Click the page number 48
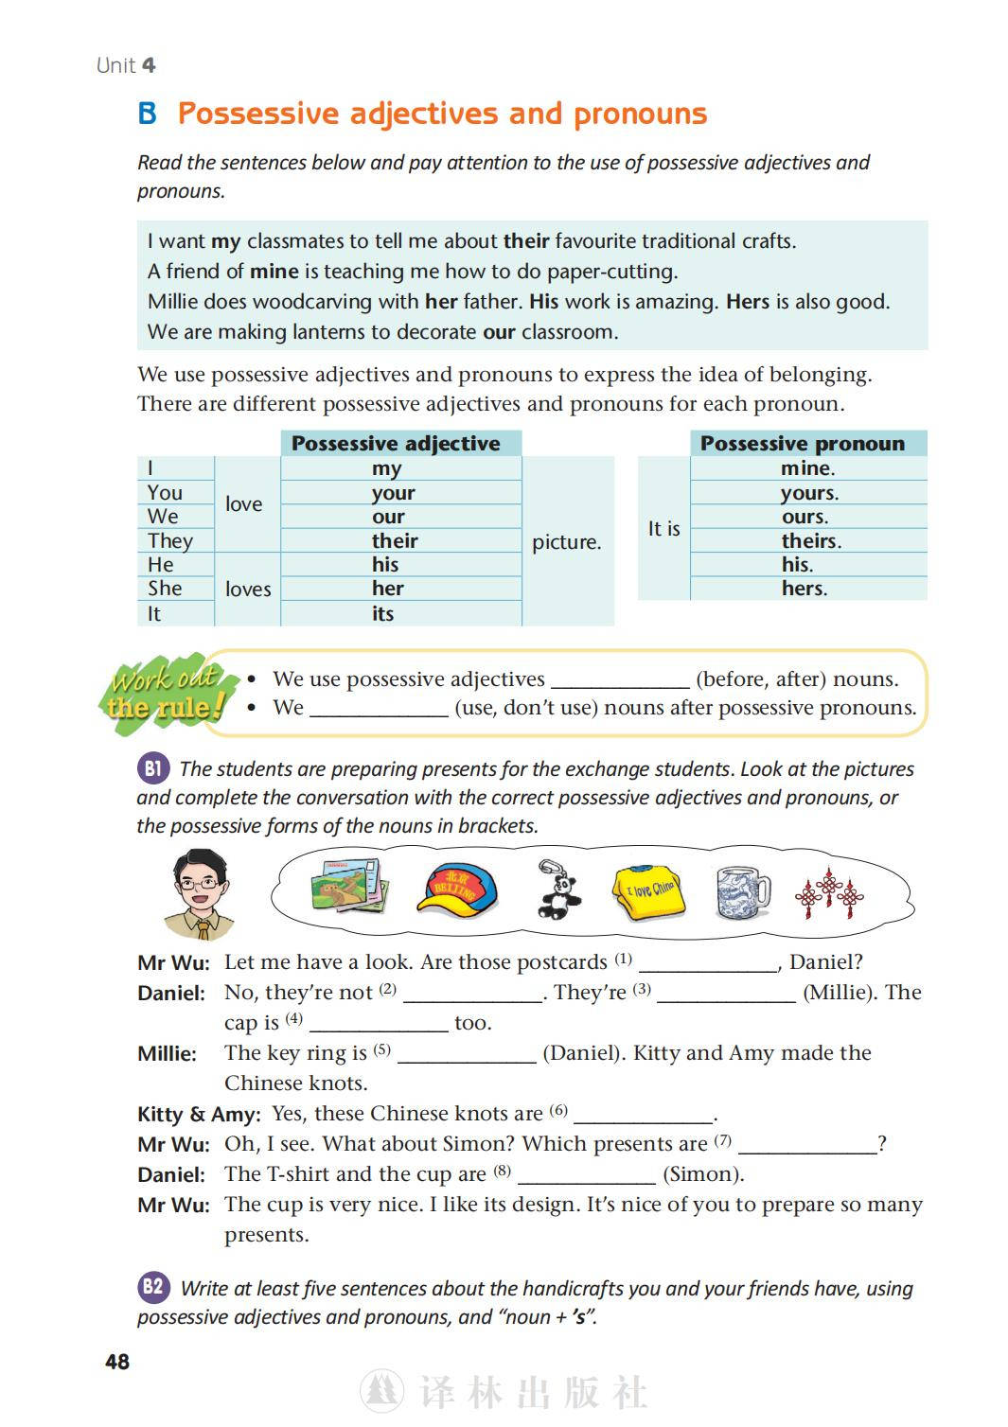117,1362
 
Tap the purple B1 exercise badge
152,768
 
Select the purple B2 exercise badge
153,1287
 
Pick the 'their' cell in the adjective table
396,541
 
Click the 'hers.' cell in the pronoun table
805,589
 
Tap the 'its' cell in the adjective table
383,614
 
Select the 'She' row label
165,589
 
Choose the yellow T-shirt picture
649,892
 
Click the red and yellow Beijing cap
457,891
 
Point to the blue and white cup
742,891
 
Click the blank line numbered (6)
644,1115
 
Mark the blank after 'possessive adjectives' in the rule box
620,681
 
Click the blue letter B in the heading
148,115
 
